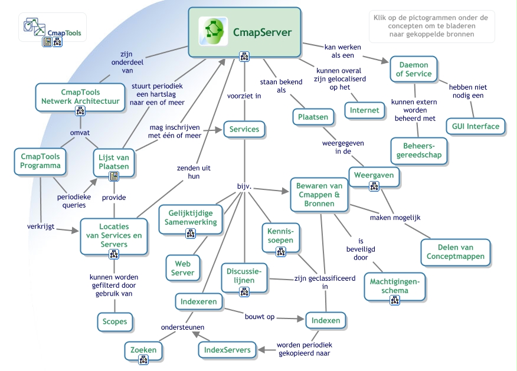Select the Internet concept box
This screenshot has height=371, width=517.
[364, 110]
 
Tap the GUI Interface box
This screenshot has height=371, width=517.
[475, 126]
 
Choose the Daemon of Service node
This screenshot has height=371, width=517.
[414, 69]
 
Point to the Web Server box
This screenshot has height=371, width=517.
[182, 268]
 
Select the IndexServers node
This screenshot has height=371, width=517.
[227, 350]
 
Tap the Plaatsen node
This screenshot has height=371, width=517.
[313, 117]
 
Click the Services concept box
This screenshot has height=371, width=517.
[244, 129]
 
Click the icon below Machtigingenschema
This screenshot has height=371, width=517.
[395, 300]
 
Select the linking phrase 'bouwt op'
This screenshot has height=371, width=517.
[260, 317]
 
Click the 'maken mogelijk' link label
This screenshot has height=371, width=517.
[395, 218]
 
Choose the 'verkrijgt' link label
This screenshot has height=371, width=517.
[41, 226]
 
